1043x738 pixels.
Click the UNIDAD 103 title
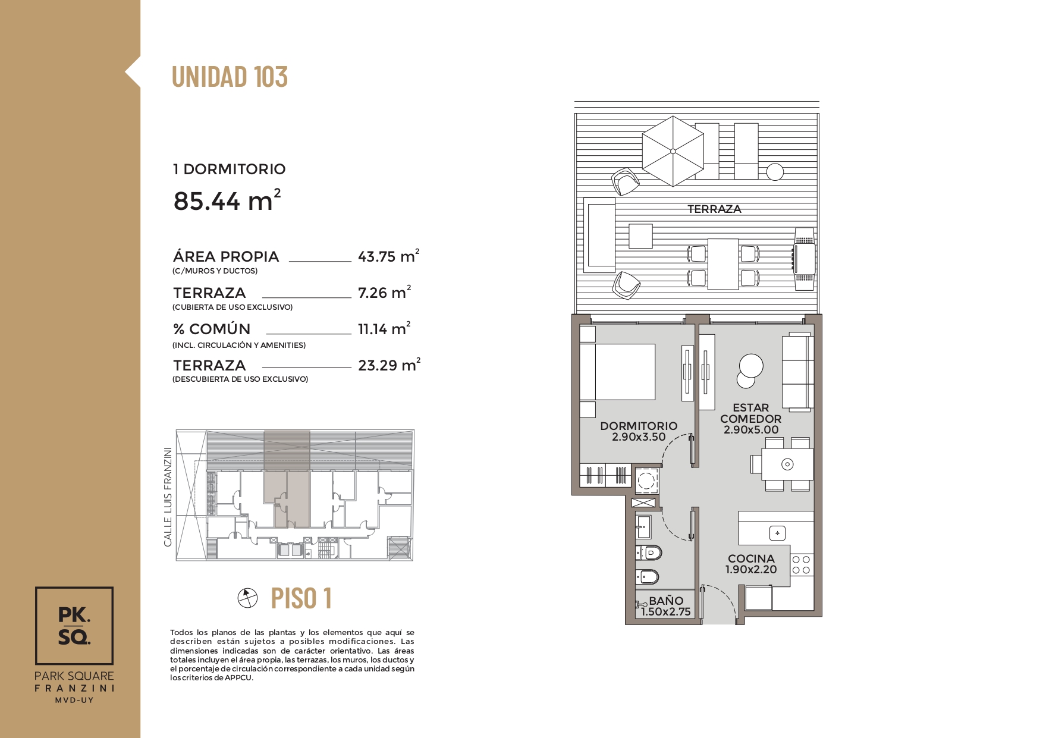point(230,77)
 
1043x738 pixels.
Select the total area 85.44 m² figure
point(227,200)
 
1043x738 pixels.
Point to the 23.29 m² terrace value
point(389,365)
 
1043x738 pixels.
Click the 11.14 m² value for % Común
point(384,328)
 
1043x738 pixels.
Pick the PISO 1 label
point(301,598)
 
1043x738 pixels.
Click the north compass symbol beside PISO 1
point(247,598)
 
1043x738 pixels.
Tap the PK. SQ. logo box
point(74,626)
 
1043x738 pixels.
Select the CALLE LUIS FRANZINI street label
point(168,497)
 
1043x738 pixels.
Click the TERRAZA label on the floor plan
point(714,209)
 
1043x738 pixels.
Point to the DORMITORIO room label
point(639,426)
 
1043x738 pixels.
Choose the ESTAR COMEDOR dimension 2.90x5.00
point(751,429)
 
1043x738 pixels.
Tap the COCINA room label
point(751,558)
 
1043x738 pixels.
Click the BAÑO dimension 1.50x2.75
point(665,611)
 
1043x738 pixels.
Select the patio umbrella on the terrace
point(673,151)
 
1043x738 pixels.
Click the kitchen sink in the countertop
point(777,533)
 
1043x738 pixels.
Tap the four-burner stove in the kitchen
point(801,564)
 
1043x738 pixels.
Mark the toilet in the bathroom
point(649,552)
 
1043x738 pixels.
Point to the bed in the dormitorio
point(617,372)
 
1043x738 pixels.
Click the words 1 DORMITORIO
point(230,169)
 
